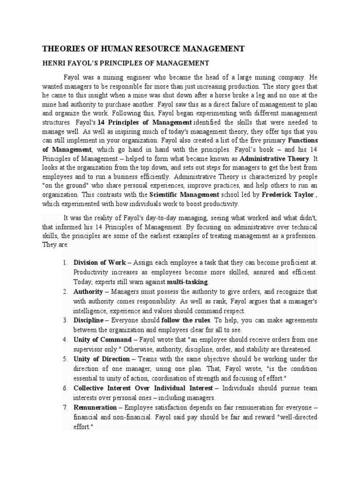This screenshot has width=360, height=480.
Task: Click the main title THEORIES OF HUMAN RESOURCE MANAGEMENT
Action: (143, 48)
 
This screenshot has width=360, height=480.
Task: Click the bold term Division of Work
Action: (100, 262)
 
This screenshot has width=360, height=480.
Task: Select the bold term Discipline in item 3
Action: (89, 320)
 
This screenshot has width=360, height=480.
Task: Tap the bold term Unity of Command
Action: (103, 339)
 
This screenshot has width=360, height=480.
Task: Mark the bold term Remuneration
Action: (95, 407)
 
